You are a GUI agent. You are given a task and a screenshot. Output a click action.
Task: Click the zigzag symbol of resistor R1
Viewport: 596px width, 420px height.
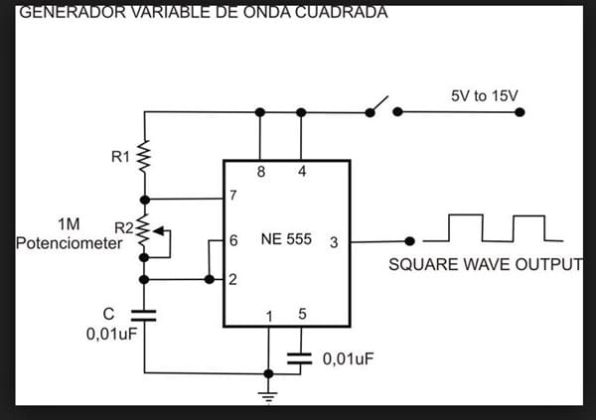[144, 156]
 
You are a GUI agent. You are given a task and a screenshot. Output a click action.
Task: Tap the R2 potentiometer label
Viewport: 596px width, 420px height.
[124, 227]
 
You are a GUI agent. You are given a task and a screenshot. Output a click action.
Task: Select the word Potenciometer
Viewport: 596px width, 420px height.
[62, 242]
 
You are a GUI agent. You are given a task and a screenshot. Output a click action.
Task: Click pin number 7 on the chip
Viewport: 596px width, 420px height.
[233, 195]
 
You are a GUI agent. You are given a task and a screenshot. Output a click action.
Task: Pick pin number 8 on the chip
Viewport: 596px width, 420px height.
[260, 172]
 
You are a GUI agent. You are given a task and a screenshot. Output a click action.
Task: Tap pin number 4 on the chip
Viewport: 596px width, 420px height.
[301, 172]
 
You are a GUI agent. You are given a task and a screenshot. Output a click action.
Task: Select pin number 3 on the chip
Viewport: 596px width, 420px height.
[334, 240]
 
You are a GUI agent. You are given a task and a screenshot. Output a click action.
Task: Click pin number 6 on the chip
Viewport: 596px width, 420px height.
[233, 240]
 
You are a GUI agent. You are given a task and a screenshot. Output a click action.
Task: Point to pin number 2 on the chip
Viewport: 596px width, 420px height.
[233, 279]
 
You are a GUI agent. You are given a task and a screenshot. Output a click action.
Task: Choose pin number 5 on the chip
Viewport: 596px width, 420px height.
[302, 316]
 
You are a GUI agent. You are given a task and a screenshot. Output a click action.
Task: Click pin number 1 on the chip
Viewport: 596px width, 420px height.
[268, 316]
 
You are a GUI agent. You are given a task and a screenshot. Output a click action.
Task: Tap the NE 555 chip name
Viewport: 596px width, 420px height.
[285, 240]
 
